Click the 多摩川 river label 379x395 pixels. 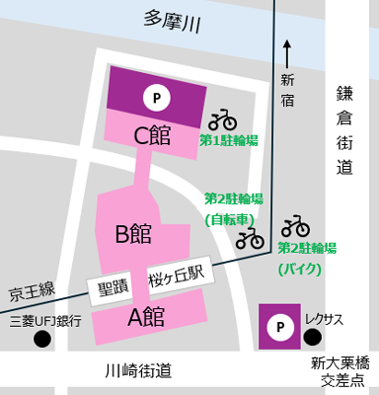click(x=171, y=21)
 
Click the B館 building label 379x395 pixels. click(x=132, y=234)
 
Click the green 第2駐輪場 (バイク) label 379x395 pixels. click(x=307, y=257)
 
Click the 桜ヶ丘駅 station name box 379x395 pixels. click(x=176, y=279)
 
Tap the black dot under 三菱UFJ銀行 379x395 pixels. click(x=41, y=340)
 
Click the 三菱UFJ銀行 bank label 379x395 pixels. click(x=43, y=321)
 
